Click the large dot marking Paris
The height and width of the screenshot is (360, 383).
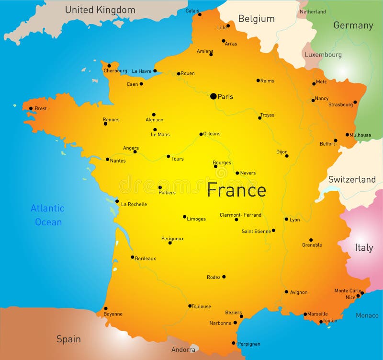click(x=214, y=96)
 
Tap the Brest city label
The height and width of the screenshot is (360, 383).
click(x=41, y=108)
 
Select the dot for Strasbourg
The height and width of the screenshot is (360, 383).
click(x=355, y=102)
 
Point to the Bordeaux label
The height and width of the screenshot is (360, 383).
click(x=146, y=258)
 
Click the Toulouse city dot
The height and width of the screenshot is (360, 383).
click(x=190, y=306)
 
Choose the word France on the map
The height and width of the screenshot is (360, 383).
click(x=236, y=190)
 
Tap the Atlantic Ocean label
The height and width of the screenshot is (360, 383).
click(x=47, y=215)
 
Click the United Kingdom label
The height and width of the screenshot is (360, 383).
click(x=100, y=10)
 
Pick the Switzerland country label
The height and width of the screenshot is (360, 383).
click(x=352, y=179)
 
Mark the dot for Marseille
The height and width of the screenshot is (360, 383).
click(x=305, y=314)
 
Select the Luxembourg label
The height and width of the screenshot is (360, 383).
click(x=323, y=55)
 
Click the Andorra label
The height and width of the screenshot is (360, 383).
click(x=183, y=350)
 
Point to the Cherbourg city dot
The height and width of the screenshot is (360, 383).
click(x=109, y=66)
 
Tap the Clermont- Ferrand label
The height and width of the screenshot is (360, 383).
click(x=240, y=215)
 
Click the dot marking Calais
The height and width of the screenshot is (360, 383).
click(x=200, y=14)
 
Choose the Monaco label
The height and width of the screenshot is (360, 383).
click(x=367, y=315)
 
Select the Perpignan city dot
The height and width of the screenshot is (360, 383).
click(x=234, y=343)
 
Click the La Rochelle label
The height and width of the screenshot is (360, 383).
click(x=134, y=204)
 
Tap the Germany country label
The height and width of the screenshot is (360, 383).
click(x=353, y=25)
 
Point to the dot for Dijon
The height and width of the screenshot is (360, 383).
click(x=287, y=156)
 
